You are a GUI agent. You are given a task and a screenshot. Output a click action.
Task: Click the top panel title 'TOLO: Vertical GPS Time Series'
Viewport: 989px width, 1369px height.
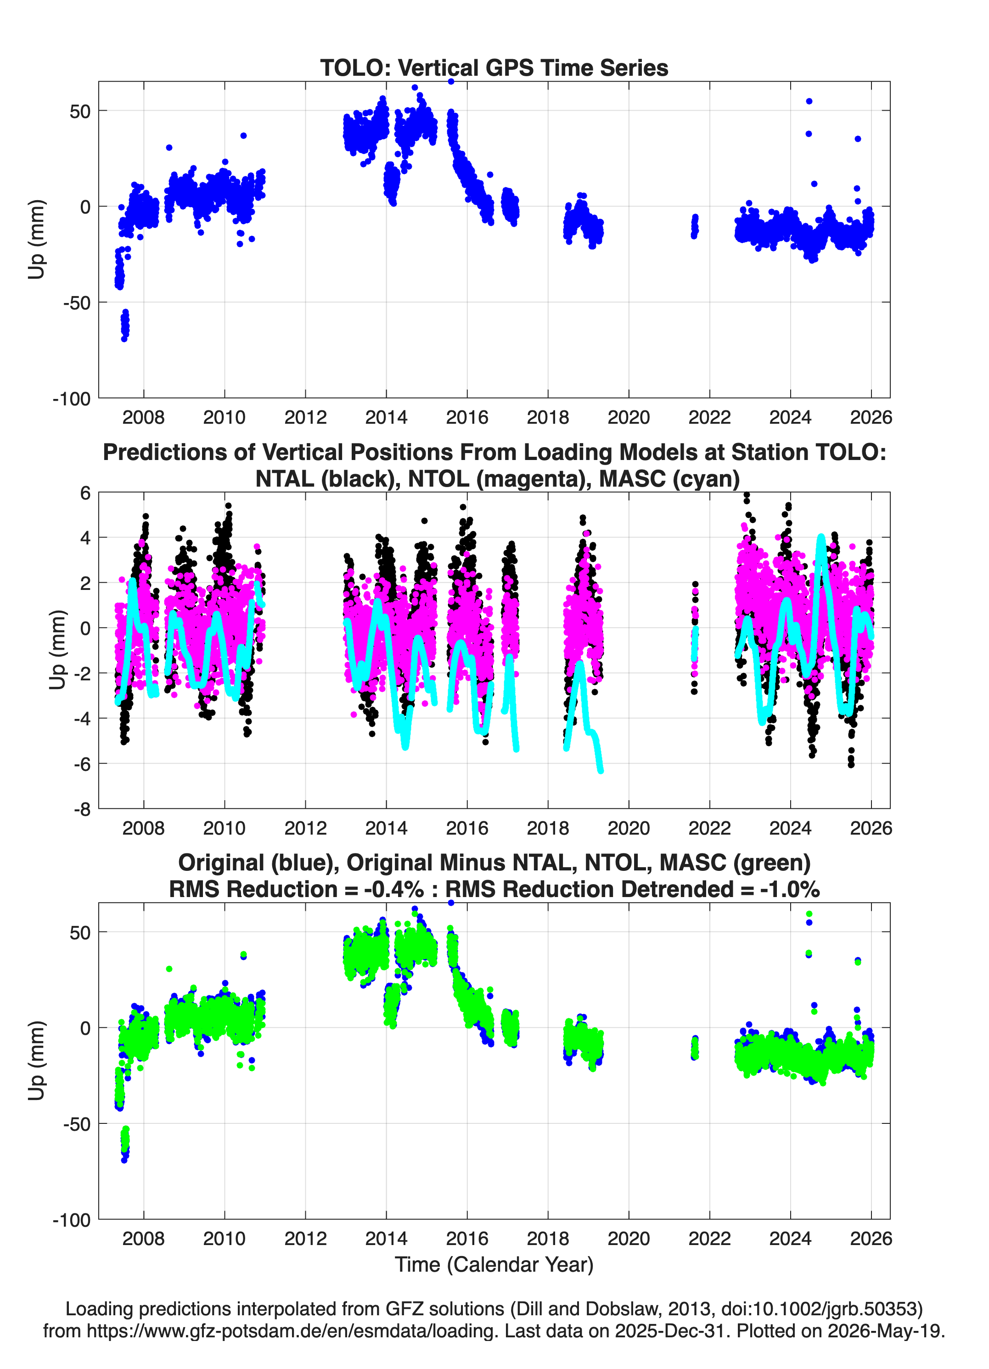pyautogui.click(x=494, y=67)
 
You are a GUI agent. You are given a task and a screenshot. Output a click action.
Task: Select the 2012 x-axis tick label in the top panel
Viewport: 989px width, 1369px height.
pyautogui.click(x=305, y=417)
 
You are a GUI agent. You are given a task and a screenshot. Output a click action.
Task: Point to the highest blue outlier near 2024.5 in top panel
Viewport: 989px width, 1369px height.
pyautogui.click(x=809, y=101)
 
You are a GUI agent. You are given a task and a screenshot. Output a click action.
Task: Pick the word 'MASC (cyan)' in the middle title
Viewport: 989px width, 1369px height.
pyautogui.click(x=669, y=479)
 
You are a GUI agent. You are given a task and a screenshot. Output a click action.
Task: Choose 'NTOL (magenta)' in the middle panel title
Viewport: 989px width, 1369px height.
pyautogui.click(x=499, y=479)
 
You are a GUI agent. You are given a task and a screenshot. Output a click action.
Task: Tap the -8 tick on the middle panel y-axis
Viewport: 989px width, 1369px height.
pyautogui.click(x=83, y=809)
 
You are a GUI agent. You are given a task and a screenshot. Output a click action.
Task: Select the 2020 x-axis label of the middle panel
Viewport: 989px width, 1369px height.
pyautogui.click(x=629, y=828)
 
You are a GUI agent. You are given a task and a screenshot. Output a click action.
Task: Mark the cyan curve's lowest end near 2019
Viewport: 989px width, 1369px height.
pyautogui.click(x=600, y=770)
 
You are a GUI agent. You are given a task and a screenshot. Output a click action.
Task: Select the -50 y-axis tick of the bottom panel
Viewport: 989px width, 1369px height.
pyautogui.click(x=77, y=1124)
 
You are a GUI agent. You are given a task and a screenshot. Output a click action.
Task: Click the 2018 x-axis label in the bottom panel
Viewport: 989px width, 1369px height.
pyautogui.click(x=548, y=1239)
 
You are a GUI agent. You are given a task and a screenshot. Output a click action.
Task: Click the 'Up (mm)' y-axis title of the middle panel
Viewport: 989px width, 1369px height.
pyautogui.click(x=57, y=650)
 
